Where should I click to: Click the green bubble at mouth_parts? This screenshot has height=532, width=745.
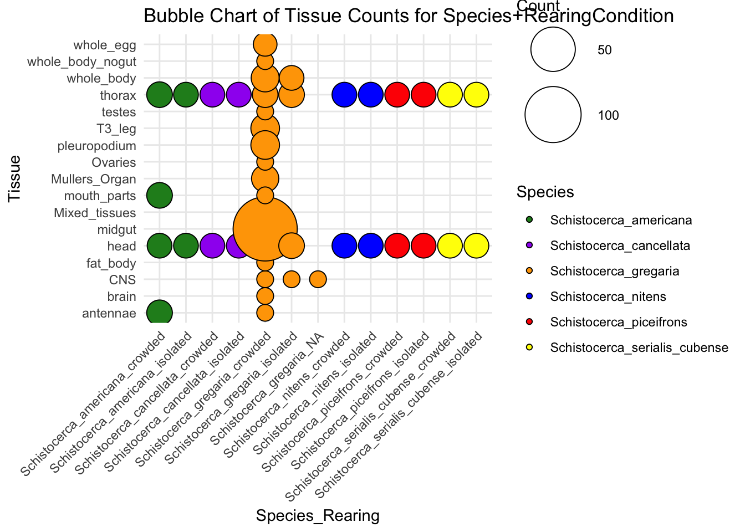160,196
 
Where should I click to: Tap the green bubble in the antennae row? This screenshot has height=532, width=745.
160,313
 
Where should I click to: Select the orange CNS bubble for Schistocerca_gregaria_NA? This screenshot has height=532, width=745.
318,279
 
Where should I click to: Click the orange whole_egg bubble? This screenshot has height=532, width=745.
265,44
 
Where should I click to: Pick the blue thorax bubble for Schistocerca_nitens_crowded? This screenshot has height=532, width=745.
344,95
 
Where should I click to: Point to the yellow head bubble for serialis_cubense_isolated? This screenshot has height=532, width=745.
476,245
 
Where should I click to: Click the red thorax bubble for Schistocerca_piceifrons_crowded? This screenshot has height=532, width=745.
397,95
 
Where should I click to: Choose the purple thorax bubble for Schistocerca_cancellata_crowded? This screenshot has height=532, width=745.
212,95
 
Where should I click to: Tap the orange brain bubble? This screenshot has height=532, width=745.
265,296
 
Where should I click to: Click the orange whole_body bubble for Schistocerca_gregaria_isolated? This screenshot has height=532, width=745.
292,78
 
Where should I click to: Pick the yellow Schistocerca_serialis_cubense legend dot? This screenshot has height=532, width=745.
528,347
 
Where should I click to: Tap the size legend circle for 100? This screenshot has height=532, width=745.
553,115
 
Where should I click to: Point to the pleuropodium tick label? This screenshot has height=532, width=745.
97,146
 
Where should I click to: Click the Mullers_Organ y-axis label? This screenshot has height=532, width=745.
94,179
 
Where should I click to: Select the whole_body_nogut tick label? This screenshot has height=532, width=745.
82,62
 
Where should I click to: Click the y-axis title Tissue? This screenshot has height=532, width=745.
15,178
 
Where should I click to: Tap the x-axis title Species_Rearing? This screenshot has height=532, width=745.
318,516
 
